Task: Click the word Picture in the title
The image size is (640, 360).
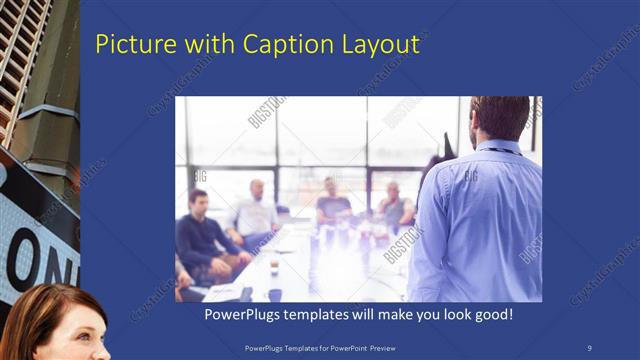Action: tap(128, 45)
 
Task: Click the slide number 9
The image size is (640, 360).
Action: tap(589, 346)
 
